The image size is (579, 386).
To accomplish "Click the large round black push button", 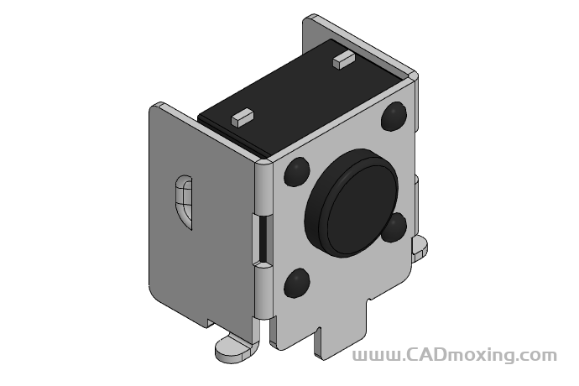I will click(352, 206).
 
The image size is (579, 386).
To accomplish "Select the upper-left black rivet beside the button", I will click(295, 174).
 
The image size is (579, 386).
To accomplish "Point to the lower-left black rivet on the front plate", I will click(296, 284).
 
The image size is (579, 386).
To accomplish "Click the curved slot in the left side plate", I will click(185, 201).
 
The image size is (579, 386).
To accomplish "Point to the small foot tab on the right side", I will click(419, 244).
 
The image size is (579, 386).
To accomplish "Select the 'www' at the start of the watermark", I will click(374, 356).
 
